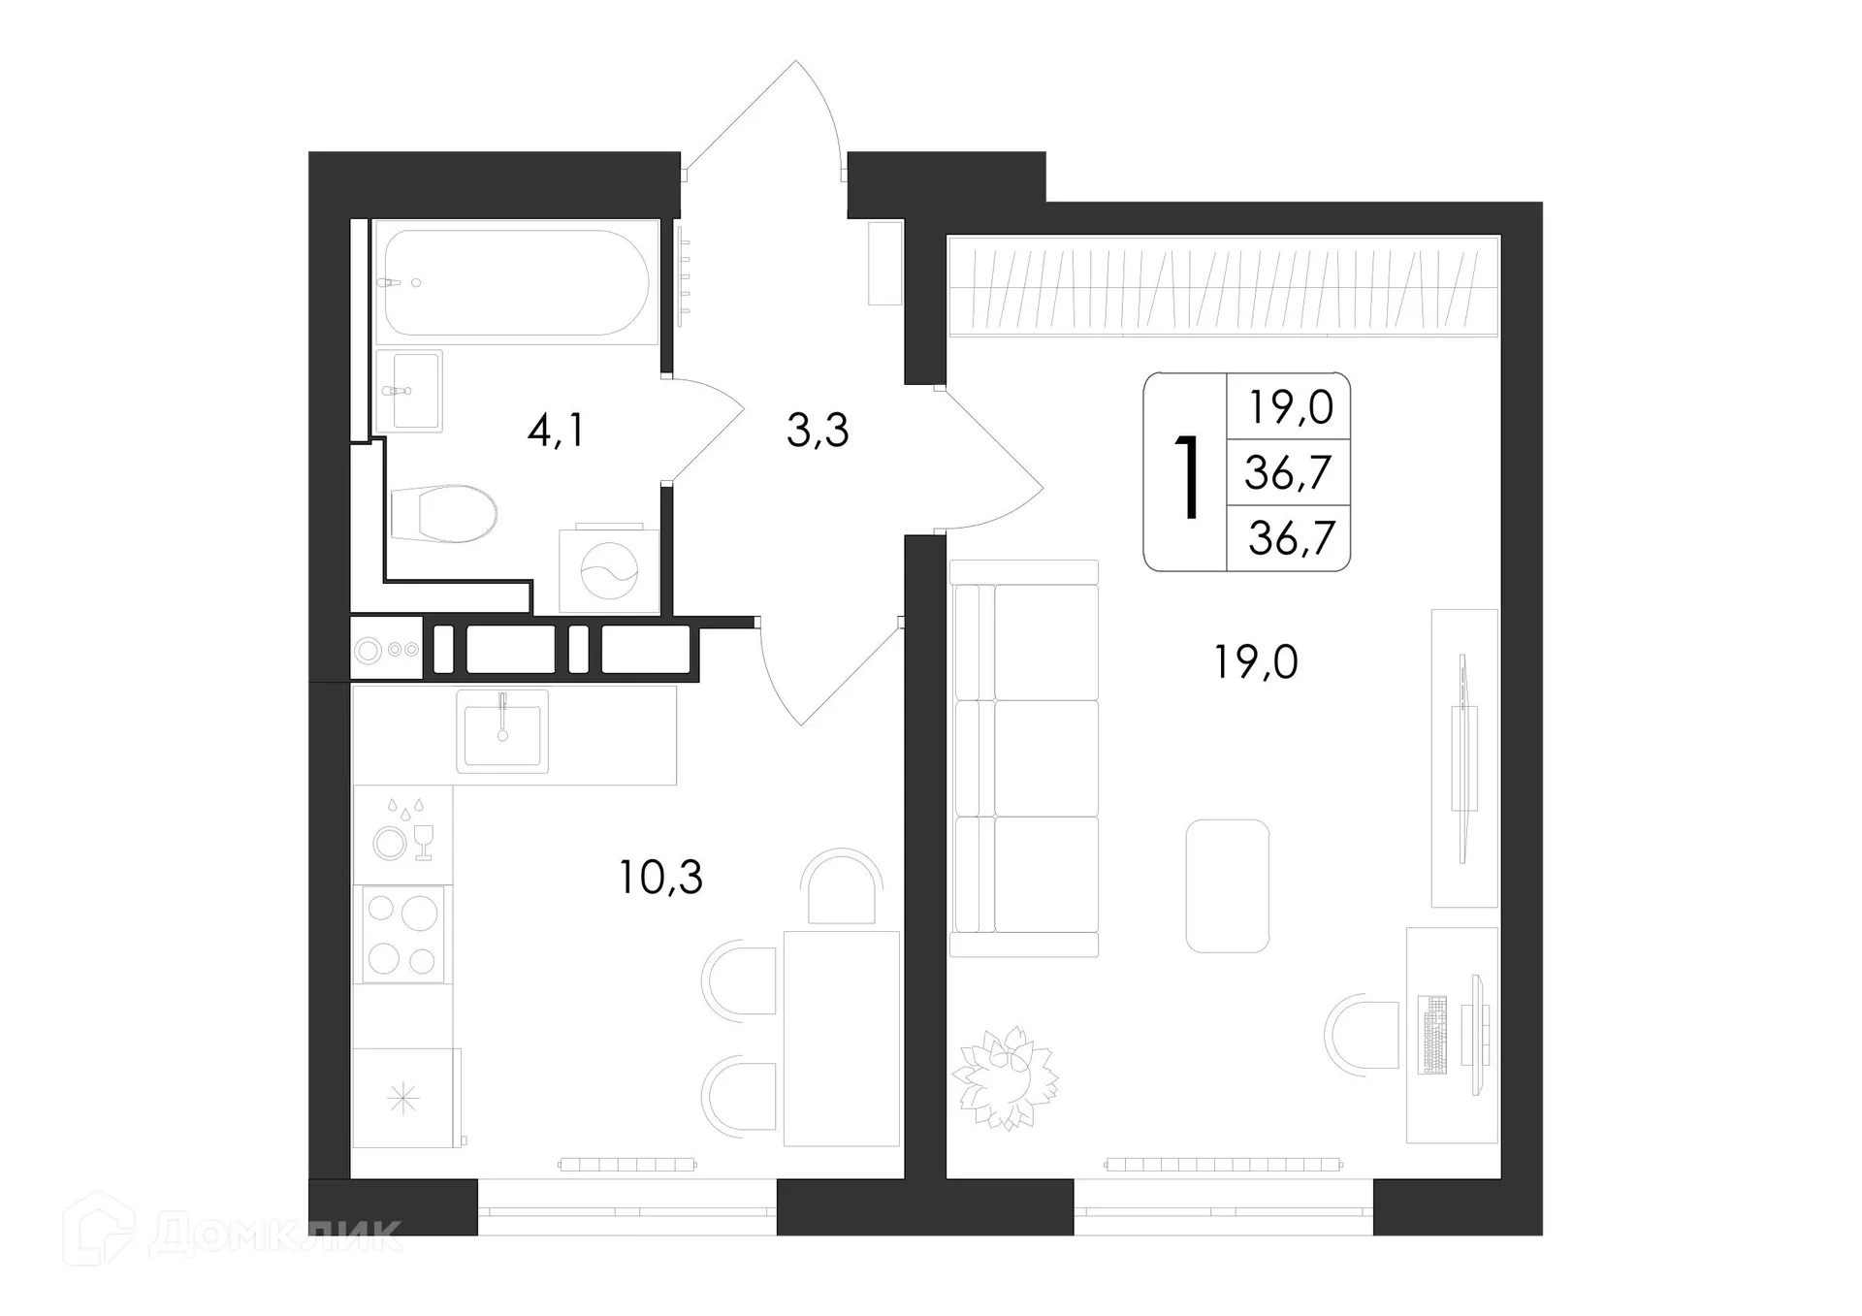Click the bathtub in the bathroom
516,282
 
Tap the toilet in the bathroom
444,513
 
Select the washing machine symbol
609,571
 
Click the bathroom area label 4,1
557,430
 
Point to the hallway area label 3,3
818,430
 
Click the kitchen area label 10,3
660,877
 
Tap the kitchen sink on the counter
502,732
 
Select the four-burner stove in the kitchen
402,934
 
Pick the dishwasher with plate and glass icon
402,834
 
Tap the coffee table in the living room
1227,885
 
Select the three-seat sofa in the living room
1025,759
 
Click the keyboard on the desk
1431,1035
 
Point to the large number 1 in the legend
1187,476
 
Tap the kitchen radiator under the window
627,1164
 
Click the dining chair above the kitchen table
842,888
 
